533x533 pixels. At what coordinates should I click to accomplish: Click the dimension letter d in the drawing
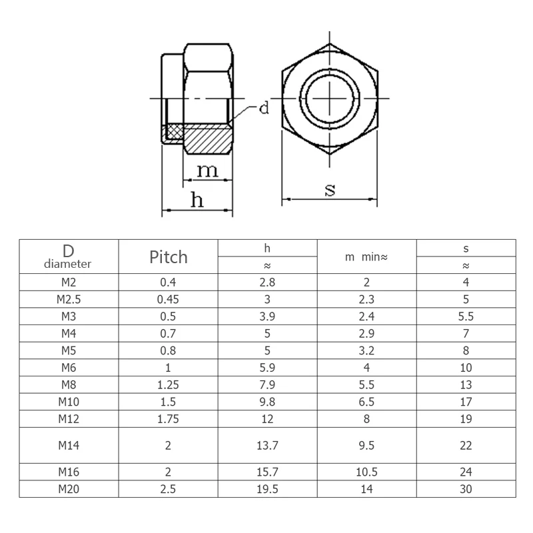tap(264, 108)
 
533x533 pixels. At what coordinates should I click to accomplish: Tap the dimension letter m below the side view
tap(207, 171)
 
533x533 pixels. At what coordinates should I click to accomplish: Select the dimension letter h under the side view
tap(197, 199)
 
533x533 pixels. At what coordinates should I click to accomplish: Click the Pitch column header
tap(168, 257)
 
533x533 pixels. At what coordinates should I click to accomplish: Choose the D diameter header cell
tap(68, 257)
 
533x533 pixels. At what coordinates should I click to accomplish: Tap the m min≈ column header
tap(366, 257)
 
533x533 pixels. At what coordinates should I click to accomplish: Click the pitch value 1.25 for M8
tap(168, 384)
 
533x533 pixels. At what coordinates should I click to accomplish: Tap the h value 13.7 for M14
tap(267, 445)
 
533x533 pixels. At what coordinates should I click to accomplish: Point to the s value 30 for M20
tap(466, 488)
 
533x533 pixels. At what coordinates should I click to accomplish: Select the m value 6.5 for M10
tap(366, 402)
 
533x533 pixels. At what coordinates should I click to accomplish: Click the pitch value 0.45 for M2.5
tap(168, 299)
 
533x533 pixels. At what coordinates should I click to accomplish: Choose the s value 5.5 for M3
tap(466, 316)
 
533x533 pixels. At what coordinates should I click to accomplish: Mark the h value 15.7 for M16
tap(267, 472)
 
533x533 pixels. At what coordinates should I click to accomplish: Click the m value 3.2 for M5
tap(366, 350)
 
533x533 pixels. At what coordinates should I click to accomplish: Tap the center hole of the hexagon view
tap(330, 99)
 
